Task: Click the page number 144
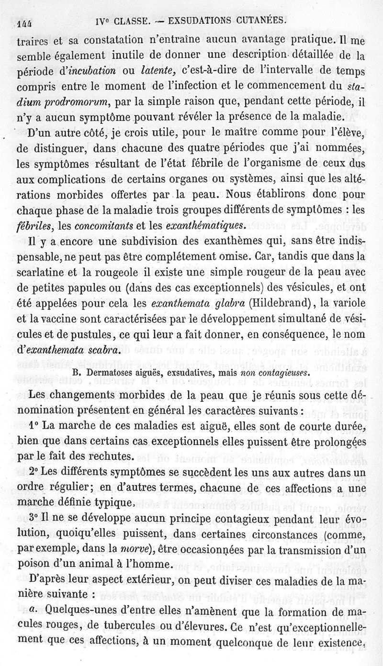[x=24, y=23]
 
